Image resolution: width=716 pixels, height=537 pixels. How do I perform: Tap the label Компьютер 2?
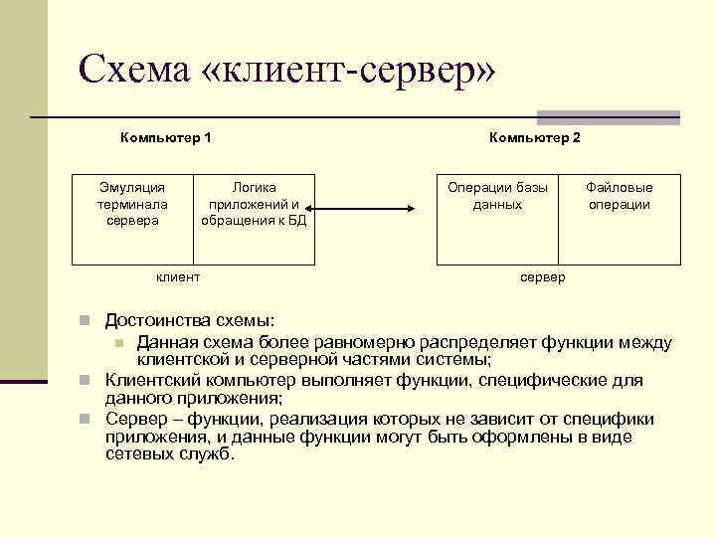pos(535,136)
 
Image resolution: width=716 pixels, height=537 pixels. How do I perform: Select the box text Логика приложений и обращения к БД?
pos(254,204)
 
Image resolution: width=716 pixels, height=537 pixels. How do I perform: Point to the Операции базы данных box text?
pos(498,196)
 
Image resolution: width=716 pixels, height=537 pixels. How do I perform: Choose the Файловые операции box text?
pos(619,196)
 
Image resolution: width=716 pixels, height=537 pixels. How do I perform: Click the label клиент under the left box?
pos(179,277)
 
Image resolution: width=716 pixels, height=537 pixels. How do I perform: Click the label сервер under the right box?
pos(542,277)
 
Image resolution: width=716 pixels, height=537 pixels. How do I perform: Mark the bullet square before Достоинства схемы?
pos(87,322)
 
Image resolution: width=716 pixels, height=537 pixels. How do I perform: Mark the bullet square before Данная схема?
pos(118,342)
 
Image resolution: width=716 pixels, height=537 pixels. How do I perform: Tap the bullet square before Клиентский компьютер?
pos(87,381)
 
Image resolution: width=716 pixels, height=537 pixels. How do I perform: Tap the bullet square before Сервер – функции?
pos(87,419)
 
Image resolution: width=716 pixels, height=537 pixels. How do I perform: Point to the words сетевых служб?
pos(170,454)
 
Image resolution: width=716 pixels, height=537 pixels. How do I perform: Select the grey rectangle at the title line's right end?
pos(608,116)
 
